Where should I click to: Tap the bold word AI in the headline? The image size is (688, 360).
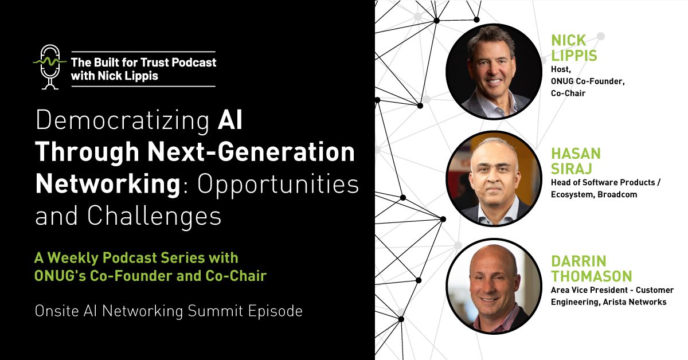pyautogui.click(x=229, y=121)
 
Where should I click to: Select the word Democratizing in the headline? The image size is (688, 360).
pyautogui.click(x=122, y=121)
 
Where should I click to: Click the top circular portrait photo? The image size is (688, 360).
pyautogui.click(x=493, y=72)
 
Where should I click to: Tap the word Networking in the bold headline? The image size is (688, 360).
pyautogui.click(x=107, y=185)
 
